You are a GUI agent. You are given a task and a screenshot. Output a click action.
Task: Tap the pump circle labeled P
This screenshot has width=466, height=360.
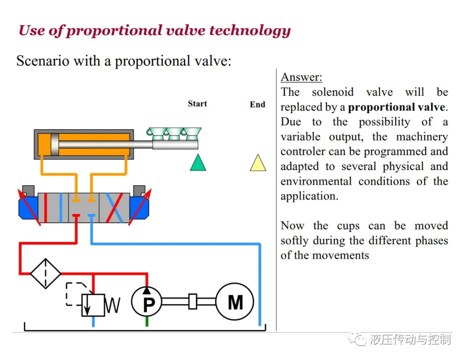147,302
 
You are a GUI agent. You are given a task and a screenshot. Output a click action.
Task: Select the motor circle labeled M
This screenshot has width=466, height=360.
235,301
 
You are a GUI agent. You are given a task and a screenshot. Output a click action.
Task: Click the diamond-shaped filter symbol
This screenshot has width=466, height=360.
45,274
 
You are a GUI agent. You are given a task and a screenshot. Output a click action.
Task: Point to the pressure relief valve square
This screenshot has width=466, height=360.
93,305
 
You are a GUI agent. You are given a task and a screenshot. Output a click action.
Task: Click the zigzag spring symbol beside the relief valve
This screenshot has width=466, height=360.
113,305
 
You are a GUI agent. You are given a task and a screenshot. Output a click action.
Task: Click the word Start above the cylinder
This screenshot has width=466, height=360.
197,104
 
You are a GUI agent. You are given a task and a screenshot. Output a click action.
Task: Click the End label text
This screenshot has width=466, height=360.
257,104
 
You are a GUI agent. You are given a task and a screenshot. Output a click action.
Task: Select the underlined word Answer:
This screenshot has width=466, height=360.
301,77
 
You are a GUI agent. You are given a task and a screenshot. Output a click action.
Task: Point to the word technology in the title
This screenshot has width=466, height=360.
250,31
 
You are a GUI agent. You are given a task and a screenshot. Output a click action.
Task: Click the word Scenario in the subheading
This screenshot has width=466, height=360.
43,61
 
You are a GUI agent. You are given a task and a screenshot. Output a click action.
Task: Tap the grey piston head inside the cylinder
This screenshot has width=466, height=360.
55,144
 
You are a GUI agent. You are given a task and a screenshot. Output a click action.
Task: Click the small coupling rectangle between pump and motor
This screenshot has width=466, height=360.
193,301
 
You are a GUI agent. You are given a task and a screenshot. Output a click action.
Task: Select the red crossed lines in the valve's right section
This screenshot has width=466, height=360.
115,208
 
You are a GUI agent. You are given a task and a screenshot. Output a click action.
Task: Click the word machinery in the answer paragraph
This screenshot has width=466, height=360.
422,137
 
